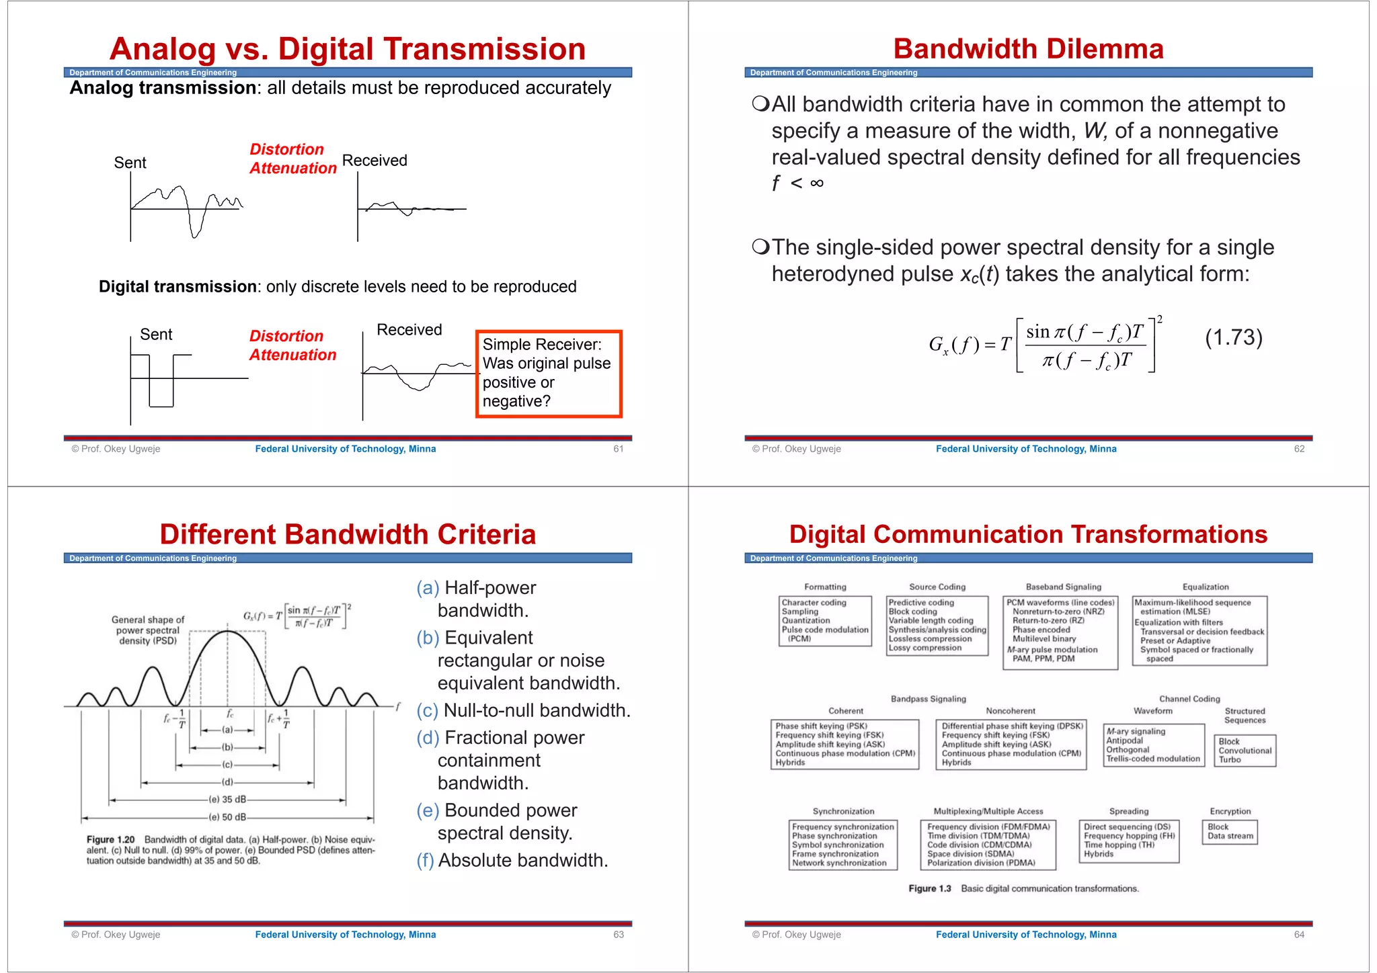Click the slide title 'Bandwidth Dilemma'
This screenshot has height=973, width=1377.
(1028, 49)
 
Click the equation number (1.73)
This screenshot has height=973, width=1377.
(1233, 337)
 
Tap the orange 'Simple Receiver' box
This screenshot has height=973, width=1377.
(549, 374)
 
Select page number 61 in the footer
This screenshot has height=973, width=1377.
(618, 449)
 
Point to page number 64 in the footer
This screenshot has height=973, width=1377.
(1299, 935)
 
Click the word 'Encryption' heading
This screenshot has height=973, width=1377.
(1230, 812)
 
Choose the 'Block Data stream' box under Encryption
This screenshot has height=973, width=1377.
(1230, 832)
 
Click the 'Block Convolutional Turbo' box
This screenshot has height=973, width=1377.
(1245, 751)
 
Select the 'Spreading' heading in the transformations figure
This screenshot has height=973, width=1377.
(1128, 812)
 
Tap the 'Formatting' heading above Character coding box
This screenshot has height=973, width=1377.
(825, 587)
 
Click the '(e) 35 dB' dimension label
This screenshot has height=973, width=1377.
(227, 800)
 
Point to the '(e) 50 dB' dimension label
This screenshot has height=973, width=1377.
(227, 817)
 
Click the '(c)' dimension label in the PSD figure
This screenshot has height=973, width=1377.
(227, 765)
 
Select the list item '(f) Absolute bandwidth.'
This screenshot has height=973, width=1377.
(512, 861)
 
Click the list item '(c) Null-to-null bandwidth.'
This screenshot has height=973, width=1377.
(523, 711)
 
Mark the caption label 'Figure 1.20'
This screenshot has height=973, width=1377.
(110, 840)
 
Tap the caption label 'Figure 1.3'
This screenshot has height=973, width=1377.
(929, 889)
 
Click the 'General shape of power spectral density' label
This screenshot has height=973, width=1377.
(147, 630)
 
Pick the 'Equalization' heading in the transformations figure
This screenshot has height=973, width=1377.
(1205, 587)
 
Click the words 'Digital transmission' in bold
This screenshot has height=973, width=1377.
(178, 287)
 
